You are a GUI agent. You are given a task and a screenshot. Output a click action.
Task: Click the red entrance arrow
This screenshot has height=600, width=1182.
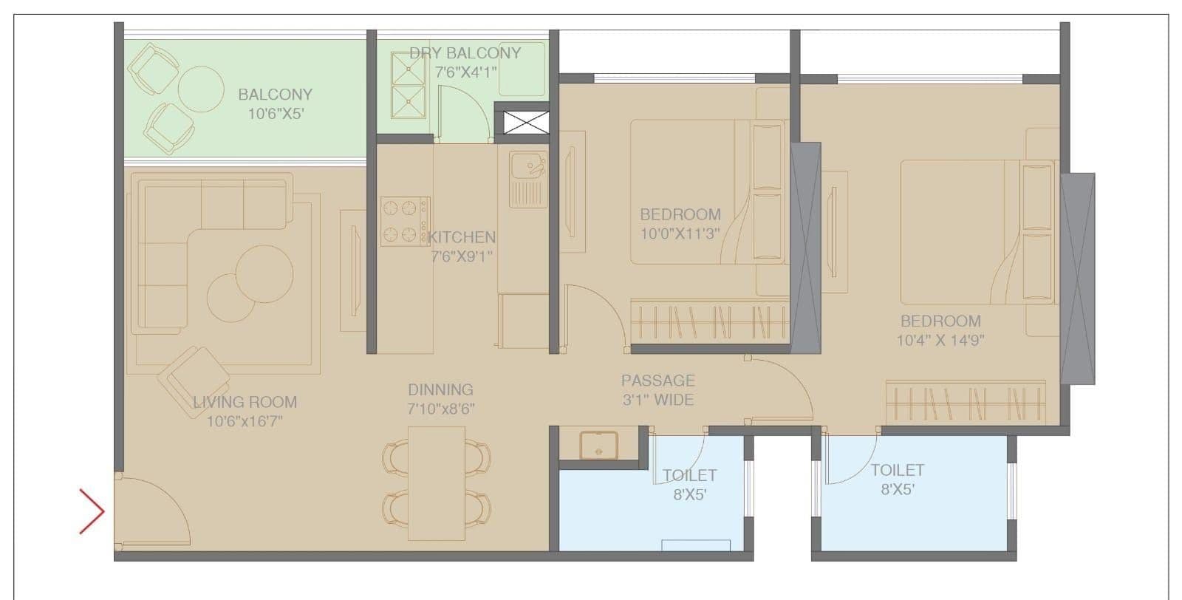pos(92,511)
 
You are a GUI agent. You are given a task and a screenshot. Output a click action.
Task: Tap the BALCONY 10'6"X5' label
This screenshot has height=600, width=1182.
pos(275,103)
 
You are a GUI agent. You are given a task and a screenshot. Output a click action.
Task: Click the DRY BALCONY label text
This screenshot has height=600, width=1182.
pos(465,53)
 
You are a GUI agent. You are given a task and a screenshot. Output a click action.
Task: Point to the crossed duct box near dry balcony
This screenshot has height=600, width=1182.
pos(521,123)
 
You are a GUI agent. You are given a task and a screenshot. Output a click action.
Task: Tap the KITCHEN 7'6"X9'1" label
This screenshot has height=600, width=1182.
pos(462,246)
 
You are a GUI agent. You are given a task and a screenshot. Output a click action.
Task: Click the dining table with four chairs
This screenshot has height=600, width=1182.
pos(437,483)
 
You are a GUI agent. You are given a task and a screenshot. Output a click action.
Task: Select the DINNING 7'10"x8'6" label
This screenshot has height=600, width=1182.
pos(440,398)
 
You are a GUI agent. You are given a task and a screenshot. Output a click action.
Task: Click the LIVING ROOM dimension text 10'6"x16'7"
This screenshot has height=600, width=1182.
pos(245,422)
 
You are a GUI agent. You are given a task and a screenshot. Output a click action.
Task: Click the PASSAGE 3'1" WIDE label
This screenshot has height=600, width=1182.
pos(657,389)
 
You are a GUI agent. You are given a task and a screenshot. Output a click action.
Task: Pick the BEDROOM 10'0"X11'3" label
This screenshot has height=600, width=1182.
pos(680,223)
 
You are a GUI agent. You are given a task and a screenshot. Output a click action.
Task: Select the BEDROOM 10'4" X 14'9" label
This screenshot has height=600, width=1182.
pos(940,330)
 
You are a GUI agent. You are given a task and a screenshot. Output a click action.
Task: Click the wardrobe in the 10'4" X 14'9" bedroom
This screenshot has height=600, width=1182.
pos(966,403)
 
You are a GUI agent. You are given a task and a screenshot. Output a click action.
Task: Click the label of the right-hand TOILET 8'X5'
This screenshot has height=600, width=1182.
pos(897,479)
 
